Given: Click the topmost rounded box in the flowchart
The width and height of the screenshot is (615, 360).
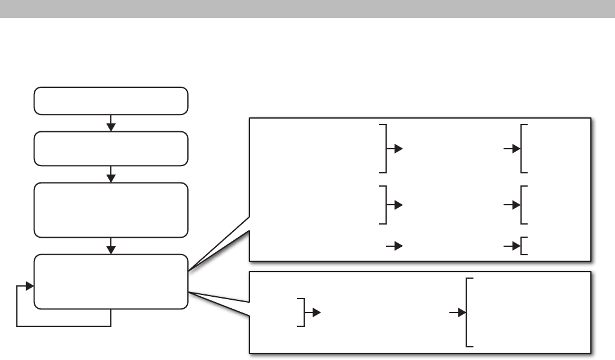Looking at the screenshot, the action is pyautogui.click(x=111, y=101).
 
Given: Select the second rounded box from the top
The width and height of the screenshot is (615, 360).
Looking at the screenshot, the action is pyautogui.click(x=111, y=148).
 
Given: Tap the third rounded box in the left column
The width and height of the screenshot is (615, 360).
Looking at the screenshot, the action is pyautogui.click(x=111, y=210).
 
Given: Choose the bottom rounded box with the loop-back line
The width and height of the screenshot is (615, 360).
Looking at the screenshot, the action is pyautogui.click(x=111, y=282).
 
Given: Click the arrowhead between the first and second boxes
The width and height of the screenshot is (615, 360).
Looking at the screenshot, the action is pyautogui.click(x=111, y=126).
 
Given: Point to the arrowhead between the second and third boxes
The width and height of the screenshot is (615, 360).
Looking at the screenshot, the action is pyautogui.click(x=111, y=178).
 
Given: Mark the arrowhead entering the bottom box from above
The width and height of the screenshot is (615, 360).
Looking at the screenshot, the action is pyautogui.click(x=111, y=249).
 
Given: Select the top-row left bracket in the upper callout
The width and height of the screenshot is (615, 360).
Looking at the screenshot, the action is pyautogui.click(x=384, y=148).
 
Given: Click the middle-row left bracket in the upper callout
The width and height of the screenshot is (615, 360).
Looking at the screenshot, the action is pyautogui.click(x=384, y=205).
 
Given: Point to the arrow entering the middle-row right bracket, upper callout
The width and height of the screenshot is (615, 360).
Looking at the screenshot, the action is pyautogui.click(x=514, y=205).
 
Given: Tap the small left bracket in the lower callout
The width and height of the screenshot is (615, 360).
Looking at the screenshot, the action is pyautogui.click(x=302, y=312).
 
